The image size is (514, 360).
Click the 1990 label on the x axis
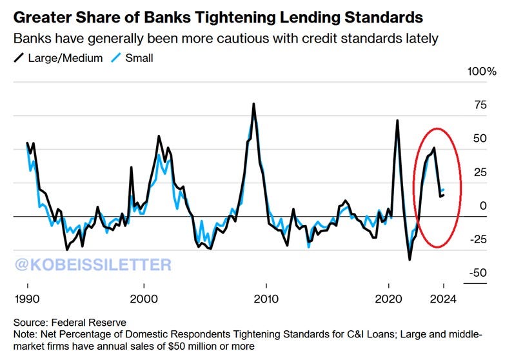pos(27,299)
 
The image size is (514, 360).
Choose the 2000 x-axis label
pos(143,299)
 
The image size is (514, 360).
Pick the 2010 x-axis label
pos(266,299)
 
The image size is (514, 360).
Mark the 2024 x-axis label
pos(444,299)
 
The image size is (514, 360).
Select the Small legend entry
pos(133,57)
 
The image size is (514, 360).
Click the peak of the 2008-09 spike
pos(253,104)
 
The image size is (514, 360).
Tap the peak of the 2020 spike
pos(397,121)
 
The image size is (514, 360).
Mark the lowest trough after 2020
pos(410,259)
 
